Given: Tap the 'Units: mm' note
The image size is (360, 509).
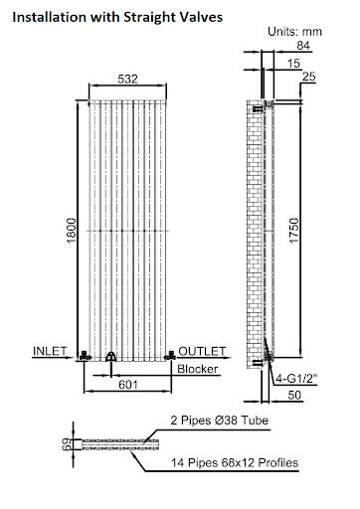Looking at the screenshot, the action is (300, 32).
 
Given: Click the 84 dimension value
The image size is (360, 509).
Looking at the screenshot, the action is (302, 46).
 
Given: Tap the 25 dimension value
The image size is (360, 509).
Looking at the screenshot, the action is (307, 78).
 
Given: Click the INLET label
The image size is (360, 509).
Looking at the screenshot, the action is (52, 350).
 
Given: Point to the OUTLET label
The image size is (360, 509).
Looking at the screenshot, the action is (202, 350).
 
